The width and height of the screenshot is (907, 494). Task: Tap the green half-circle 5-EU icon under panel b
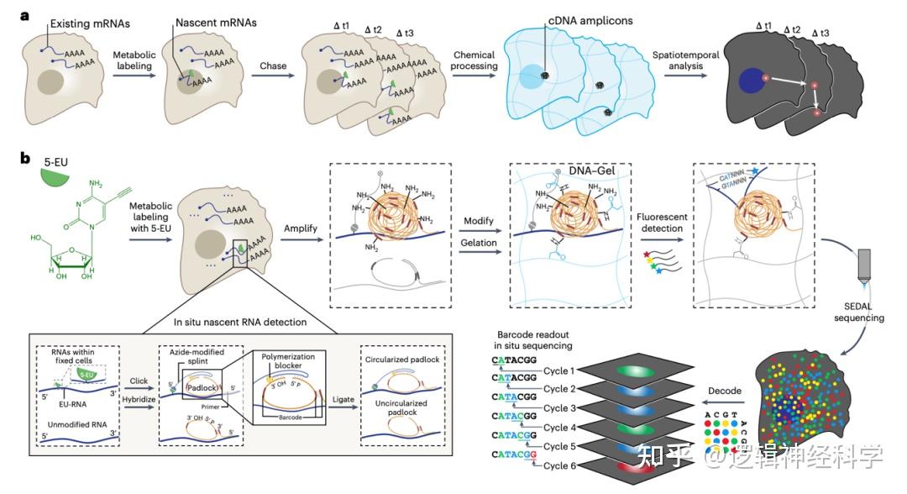57,176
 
